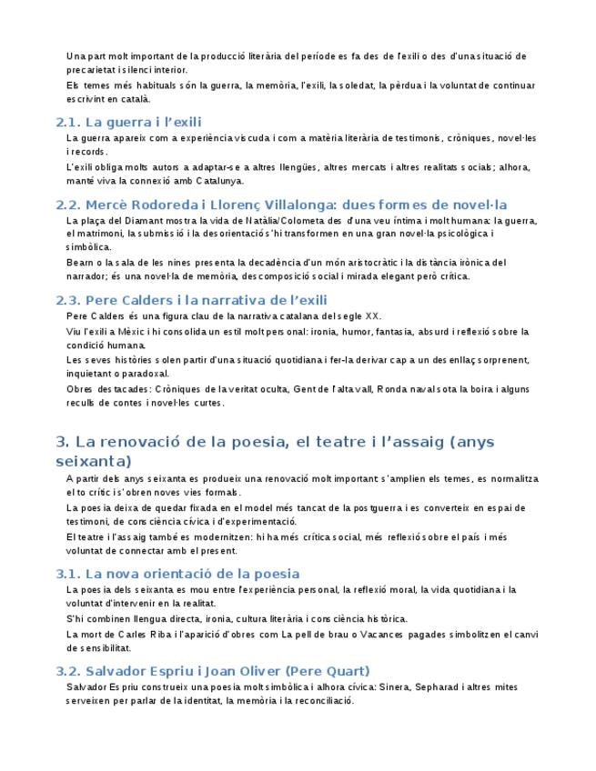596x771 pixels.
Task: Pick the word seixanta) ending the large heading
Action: (x=94, y=461)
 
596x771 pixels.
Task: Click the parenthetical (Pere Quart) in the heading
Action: (x=328, y=671)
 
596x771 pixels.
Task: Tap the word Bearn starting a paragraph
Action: (x=79, y=263)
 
